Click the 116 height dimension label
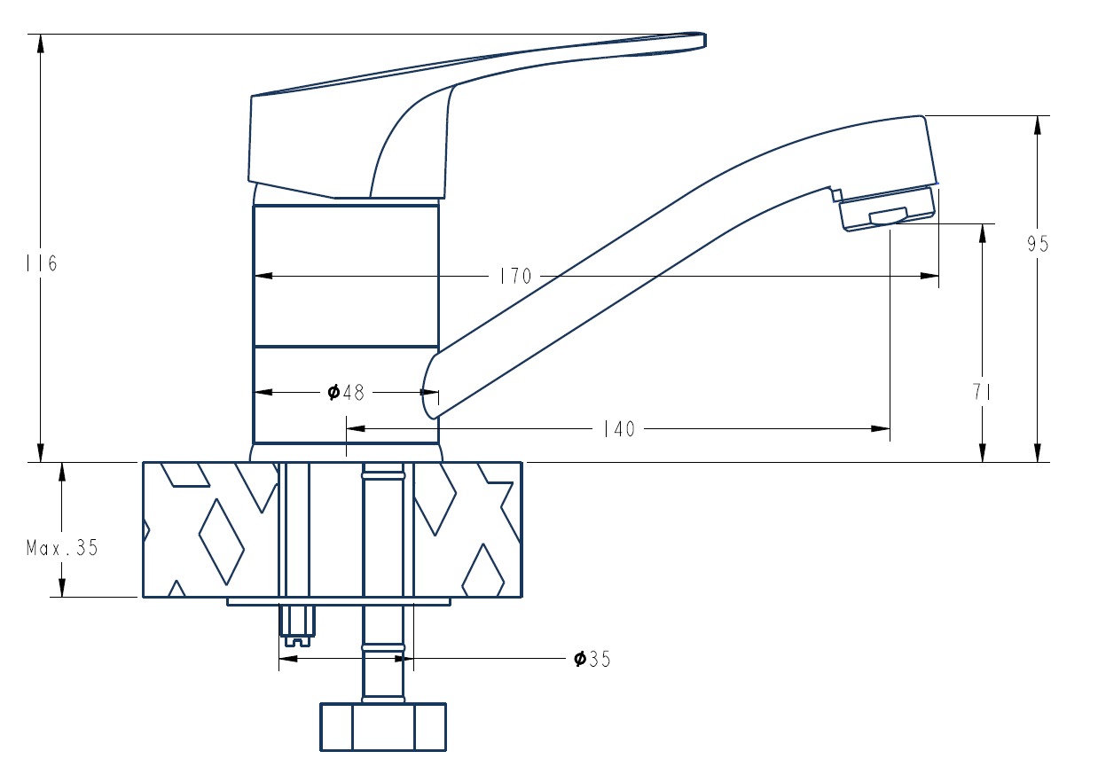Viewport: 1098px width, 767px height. [x=42, y=263]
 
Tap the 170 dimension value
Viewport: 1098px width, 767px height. [x=515, y=277]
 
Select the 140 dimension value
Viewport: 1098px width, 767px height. [x=618, y=429]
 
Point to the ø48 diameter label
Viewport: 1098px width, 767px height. [x=346, y=393]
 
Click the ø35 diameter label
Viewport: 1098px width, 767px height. [x=592, y=659]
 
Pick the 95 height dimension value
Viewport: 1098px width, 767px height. [x=1038, y=244]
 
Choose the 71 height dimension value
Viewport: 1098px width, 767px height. [x=981, y=392]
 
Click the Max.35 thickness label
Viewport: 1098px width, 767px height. [x=62, y=547]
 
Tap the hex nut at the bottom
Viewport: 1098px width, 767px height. [x=383, y=727]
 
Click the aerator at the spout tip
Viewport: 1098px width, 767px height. [x=887, y=209]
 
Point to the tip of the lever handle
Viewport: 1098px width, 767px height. [x=704, y=40]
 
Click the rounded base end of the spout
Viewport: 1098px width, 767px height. [x=426, y=392]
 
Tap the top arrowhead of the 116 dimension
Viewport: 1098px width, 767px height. [x=41, y=43]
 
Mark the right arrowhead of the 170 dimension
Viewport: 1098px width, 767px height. [x=929, y=276]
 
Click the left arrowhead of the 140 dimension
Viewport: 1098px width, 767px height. [x=356, y=429]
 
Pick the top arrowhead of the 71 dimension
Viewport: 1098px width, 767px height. [x=983, y=233]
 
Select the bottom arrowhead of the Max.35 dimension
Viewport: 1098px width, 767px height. [x=62, y=588]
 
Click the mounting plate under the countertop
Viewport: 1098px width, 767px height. [x=338, y=601]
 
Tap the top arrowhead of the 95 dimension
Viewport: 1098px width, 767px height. [x=1037, y=125]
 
